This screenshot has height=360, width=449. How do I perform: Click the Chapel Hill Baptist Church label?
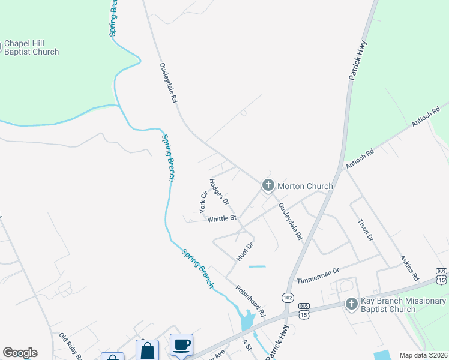coord(32,48)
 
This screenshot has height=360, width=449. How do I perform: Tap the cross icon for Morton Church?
coord(268,186)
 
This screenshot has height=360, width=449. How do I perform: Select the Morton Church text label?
coord(304,186)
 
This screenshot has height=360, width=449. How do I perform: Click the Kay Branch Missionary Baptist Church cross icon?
coord(352,305)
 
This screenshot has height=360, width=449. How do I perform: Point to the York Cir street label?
coord(203,201)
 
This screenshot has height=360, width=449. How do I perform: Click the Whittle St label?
coord(222,219)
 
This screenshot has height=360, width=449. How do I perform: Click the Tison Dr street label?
coord(366,229)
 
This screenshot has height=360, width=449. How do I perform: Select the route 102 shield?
coord(287,298)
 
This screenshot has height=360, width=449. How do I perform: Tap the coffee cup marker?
coord(182,344)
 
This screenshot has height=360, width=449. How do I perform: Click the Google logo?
coord(20,353)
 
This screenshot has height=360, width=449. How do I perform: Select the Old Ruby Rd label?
coord(71,347)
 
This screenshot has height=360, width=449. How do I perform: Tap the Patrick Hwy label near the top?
coord(358,60)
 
